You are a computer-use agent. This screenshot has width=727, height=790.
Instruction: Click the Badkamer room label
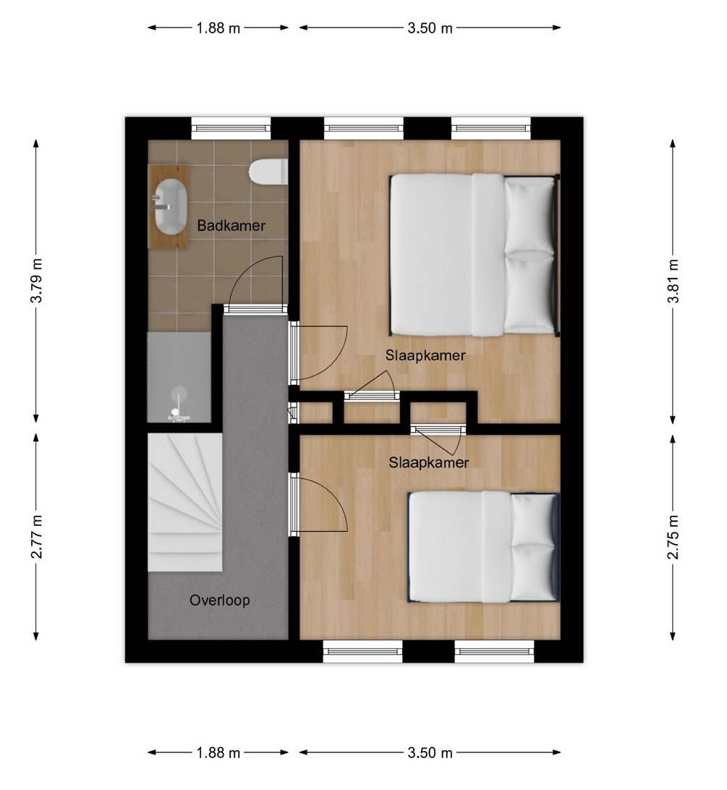click(231, 225)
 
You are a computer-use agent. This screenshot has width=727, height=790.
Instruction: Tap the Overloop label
click(220, 600)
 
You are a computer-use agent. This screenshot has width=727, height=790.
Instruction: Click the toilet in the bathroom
click(268, 171)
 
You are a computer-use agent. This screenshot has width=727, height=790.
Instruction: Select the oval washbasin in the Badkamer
click(170, 207)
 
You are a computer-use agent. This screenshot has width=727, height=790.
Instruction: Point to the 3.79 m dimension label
click(36, 281)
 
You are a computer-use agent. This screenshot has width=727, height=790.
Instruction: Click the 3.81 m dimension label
click(673, 281)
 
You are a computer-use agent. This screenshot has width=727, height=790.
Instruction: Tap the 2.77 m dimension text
click(36, 537)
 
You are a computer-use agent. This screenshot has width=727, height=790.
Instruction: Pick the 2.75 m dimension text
click(673, 537)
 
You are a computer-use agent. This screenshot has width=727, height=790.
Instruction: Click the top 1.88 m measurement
click(218, 27)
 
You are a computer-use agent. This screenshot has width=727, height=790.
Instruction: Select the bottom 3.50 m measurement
click(430, 752)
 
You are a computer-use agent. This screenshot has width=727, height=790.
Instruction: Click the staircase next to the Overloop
click(185, 502)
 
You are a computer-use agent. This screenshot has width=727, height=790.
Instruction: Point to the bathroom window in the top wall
click(231, 129)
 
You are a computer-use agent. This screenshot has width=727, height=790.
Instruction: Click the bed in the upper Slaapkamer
click(475, 255)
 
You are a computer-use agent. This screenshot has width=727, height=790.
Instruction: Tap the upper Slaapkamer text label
click(425, 355)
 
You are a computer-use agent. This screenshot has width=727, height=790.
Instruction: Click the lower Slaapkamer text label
click(428, 462)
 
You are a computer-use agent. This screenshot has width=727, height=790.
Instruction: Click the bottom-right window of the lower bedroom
click(494, 651)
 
